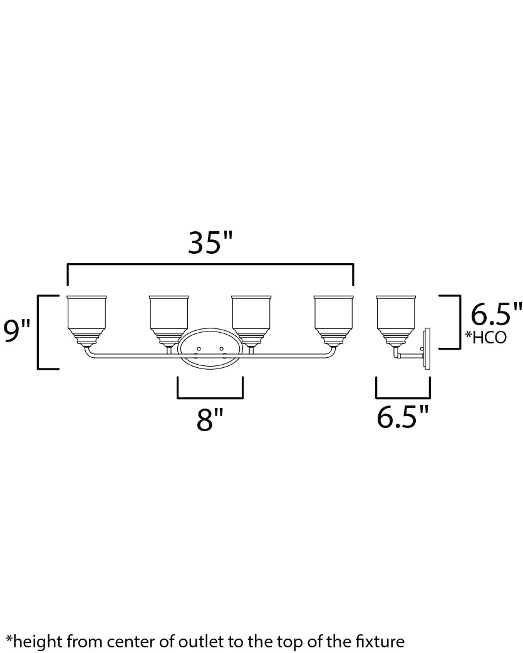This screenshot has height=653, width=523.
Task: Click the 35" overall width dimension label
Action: pyautogui.click(x=210, y=243)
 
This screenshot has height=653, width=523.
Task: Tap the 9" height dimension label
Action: pyautogui.click(x=17, y=330)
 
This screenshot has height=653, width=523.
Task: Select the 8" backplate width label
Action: pyautogui.click(x=209, y=420)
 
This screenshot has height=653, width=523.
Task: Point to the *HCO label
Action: pyautogui.click(x=485, y=338)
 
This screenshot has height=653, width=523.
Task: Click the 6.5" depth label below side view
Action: pyautogui.click(x=403, y=417)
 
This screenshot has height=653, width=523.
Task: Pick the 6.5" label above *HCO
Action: pyautogui.click(x=496, y=313)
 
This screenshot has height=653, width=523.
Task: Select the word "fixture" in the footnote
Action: pyautogui.click(x=381, y=641)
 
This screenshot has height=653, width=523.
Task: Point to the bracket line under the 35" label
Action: pyautogui.click(x=210, y=266)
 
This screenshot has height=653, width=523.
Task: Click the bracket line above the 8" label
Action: pyautogui.click(x=210, y=397)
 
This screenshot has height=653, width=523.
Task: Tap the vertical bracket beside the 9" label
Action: pyautogui.click(x=39, y=332)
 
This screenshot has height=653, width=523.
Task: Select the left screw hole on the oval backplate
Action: pyautogui.click(x=199, y=348)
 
